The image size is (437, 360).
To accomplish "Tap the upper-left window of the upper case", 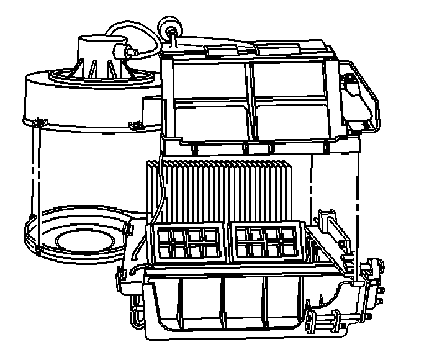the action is tap(210, 79).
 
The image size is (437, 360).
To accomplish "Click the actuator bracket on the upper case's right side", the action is tap(358, 99).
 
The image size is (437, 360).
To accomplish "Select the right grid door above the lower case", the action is tap(265, 241).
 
